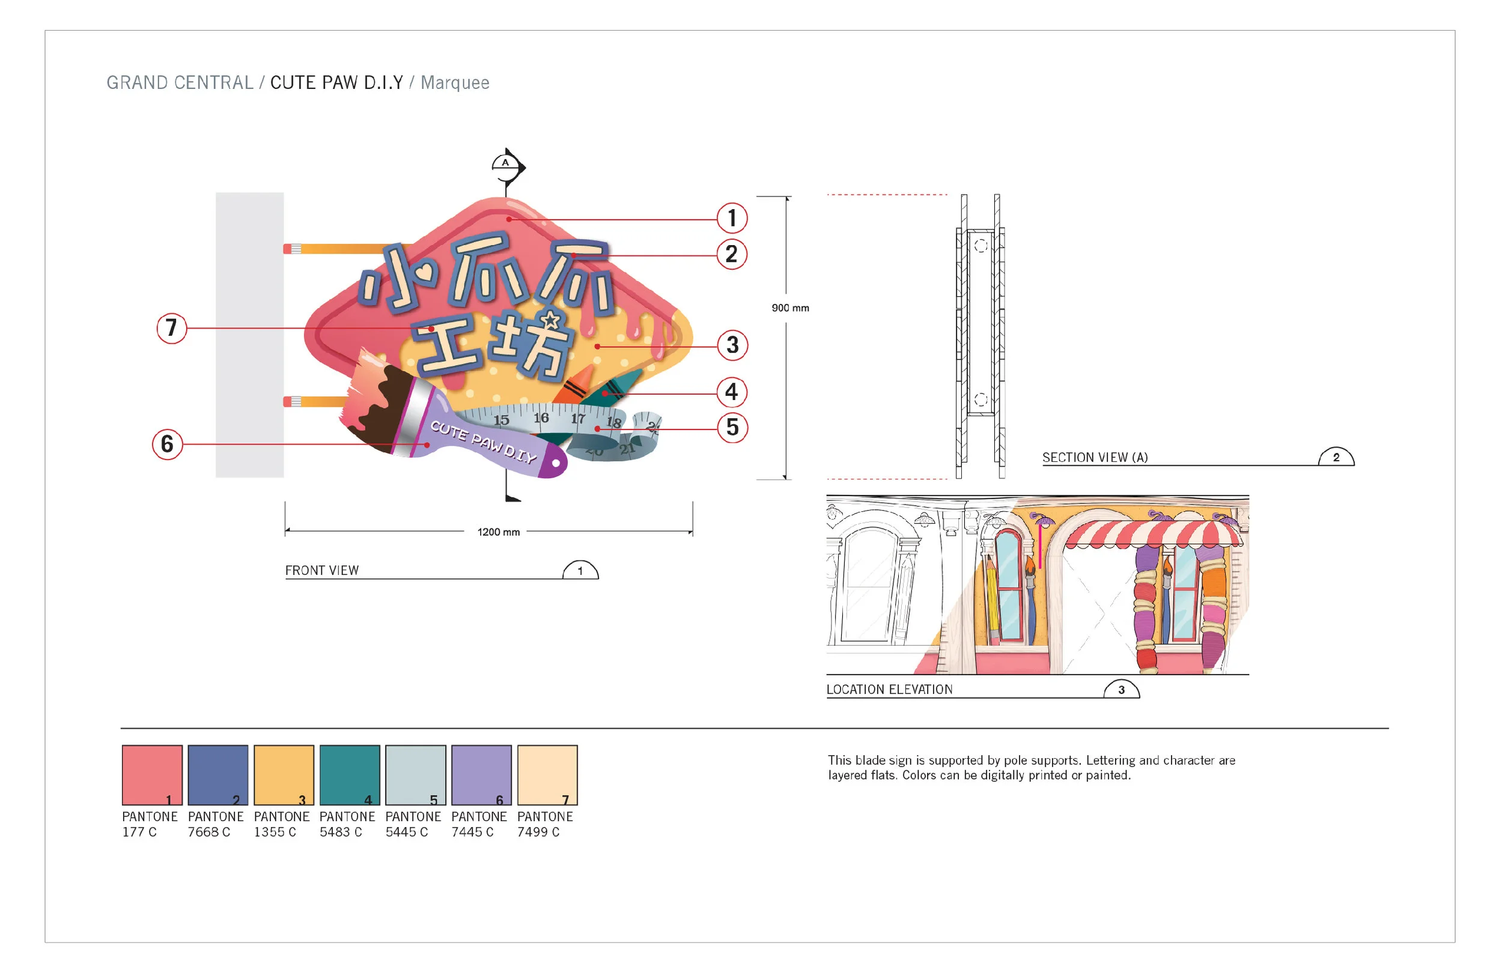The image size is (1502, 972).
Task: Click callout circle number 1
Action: point(731,219)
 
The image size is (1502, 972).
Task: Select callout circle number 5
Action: point(732,427)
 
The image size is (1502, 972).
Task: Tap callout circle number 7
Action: point(172,328)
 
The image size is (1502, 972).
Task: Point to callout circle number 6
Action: point(167,445)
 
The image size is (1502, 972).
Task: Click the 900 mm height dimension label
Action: point(790,308)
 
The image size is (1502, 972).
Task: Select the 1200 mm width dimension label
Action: point(499,532)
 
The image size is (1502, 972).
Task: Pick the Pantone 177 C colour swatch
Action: point(152,775)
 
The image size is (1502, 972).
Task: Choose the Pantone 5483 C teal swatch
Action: point(350,775)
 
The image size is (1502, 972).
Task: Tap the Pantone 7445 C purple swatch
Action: point(481,775)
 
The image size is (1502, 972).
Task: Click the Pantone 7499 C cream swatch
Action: point(547,775)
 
